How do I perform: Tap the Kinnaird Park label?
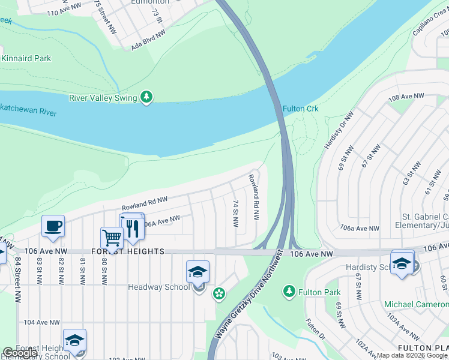26,58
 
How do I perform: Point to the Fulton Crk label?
300,109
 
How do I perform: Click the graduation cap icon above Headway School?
197,272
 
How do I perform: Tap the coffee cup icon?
53,226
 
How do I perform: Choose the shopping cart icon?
112,238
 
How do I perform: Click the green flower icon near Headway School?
219,293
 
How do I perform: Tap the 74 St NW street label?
236,214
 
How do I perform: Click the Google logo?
20,353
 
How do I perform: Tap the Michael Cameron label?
415,305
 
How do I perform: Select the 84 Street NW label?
19,271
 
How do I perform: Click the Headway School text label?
158,287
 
